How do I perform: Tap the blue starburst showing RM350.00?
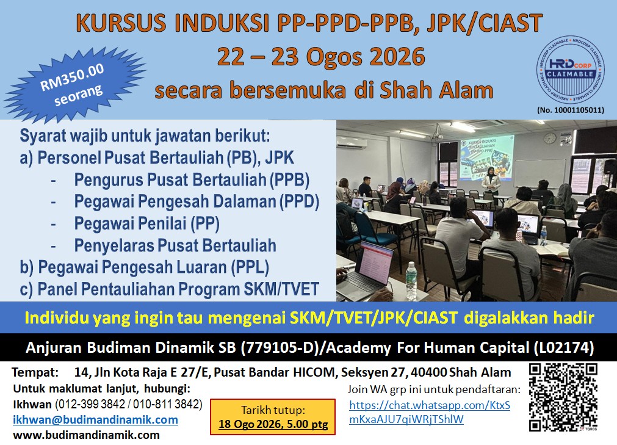(x=75, y=84)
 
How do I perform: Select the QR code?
(x=563, y=397)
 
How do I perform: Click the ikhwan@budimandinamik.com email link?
(x=95, y=420)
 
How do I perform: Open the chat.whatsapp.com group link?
(x=430, y=413)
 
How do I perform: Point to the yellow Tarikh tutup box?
(x=273, y=417)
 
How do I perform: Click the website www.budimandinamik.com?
(x=86, y=435)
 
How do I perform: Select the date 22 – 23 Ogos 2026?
(x=320, y=57)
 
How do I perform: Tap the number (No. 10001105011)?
(x=571, y=110)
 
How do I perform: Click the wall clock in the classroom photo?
(x=549, y=138)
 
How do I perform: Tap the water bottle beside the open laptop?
(x=411, y=281)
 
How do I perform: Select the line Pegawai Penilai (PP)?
(x=146, y=223)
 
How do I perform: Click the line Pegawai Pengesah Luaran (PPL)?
(x=145, y=267)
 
